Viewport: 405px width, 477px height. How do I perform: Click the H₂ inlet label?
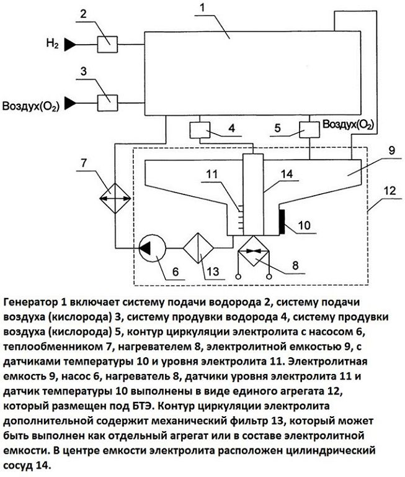(x=52, y=43)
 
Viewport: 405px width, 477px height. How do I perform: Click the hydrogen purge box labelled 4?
(x=198, y=130)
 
